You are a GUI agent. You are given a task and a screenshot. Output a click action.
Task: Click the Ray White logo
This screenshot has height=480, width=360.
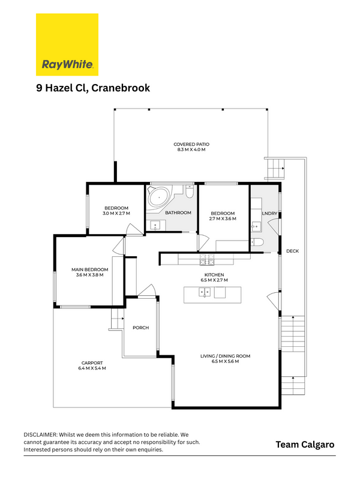(67, 44)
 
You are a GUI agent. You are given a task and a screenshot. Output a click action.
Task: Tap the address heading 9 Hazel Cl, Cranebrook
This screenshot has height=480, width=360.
(93, 88)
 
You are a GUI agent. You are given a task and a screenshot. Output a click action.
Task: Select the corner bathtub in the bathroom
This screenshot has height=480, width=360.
(158, 197)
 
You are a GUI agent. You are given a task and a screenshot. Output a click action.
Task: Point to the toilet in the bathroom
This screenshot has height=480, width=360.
(190, 191)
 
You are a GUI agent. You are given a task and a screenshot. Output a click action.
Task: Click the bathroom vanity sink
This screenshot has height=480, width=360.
(155, 226)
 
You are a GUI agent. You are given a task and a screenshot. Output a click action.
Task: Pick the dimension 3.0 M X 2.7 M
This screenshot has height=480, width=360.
(116, 214)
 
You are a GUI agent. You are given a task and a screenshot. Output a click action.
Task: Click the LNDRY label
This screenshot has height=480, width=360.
(269, 214)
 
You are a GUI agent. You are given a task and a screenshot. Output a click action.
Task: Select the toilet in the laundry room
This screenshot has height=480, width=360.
(257, 242)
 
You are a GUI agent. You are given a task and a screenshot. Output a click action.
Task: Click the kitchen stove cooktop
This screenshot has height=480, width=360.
(207, 259)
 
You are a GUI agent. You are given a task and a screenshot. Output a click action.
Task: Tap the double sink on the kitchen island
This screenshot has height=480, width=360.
(205, 292)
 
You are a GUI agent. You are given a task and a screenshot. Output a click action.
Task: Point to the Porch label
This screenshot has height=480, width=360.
(141, 328)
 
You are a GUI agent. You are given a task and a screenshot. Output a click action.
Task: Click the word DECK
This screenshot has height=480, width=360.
(292, 251)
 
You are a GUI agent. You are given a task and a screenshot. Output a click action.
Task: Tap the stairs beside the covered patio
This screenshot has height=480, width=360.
(275, 169)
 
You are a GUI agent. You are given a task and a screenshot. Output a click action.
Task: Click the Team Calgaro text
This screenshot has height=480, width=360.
(305, 445)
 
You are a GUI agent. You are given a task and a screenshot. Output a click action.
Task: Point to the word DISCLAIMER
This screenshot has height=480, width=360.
(40, 434)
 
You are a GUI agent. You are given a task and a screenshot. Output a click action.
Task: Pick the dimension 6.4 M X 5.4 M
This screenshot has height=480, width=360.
(92, 368)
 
